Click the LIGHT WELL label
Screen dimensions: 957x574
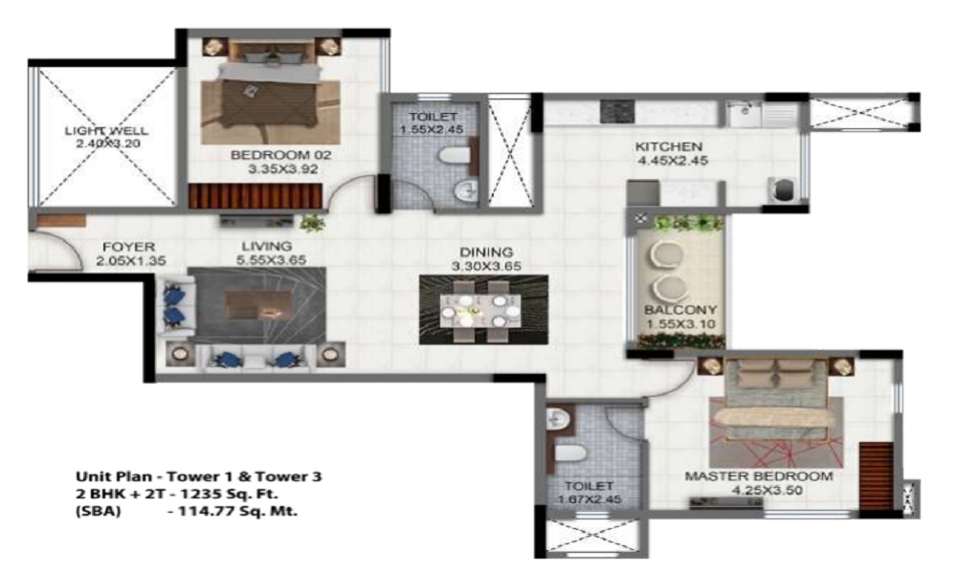(x=106, y=130)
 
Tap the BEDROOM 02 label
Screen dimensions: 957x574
(x=280, y=155)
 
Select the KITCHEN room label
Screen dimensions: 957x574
(x=669, y=146)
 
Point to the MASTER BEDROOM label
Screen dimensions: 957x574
(x=759, y=475)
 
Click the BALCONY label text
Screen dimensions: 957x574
(x=680, y=309)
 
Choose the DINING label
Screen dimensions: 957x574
(x=486, y=252)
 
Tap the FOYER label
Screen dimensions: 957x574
(x=129, y=247)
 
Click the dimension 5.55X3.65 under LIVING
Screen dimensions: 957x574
(x=272, y=260)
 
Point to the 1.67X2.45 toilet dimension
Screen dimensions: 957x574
(x=589, y=499)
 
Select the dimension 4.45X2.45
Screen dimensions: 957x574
(x=672, y=161)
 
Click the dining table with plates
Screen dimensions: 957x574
(x=481, y=311)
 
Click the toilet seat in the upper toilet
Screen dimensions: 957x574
(x=453, y=156)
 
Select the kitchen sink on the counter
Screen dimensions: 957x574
(x=744, y=114)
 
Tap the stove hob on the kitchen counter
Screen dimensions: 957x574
(x=617, y=112)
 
